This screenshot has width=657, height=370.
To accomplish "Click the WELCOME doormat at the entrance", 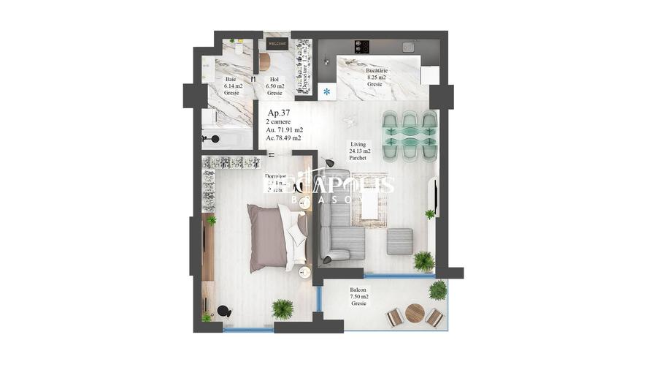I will [277, 44].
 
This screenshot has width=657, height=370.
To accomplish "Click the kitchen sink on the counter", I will [407, 46].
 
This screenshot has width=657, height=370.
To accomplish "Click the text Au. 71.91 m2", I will [284, 129].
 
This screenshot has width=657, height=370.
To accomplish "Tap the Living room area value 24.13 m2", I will [360, 151].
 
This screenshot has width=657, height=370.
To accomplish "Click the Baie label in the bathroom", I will [231, 80].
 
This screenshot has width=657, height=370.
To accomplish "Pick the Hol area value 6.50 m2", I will [274, 86].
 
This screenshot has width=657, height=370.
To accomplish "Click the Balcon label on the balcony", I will [358, 290].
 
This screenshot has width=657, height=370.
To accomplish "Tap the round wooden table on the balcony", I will [415, 313].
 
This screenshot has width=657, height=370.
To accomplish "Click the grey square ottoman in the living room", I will [399, 241].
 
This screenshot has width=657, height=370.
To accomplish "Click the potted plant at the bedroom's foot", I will [283, 309].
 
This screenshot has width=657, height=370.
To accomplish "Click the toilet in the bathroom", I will [212, 137].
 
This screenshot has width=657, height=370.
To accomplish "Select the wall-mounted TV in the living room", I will [436, 191].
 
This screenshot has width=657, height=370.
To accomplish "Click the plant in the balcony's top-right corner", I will [437, 290].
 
